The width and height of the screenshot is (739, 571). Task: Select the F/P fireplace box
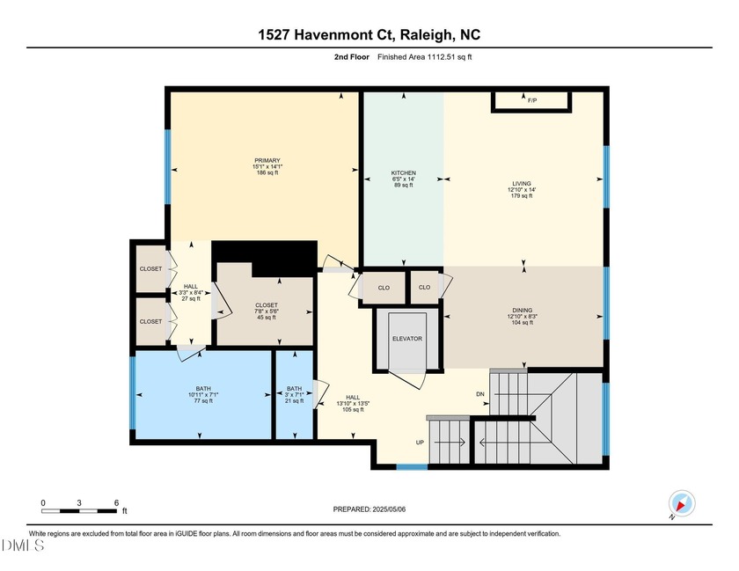point(531,101)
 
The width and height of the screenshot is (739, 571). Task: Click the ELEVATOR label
point(407,339)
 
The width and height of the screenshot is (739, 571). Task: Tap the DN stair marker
point(479,394)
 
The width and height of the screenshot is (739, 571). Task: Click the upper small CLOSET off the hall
point(150,268)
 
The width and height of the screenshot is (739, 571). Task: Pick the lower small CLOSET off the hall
point(150,321)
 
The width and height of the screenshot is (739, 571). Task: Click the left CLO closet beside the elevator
point(384,287)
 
